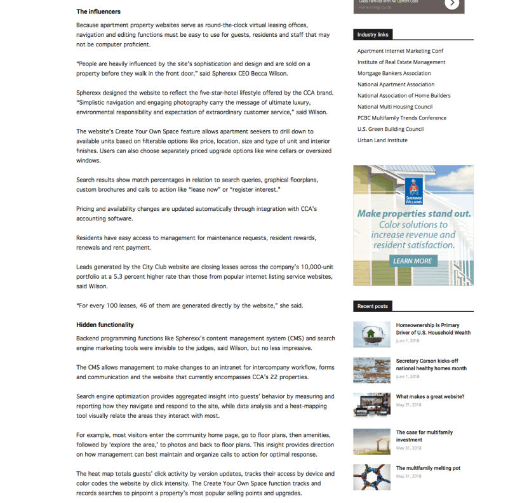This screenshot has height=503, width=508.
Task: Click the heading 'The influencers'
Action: tap(98, 11)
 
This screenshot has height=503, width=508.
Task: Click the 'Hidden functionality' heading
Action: tap(105, 325)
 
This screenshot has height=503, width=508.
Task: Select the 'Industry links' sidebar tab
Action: tap(373, 34)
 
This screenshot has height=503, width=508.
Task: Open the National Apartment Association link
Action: tap(396, 84)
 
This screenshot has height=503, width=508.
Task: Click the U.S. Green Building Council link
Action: tap(391, 129)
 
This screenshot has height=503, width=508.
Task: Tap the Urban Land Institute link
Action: tap(382, 140)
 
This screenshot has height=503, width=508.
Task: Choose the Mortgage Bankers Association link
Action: tap(394, 73)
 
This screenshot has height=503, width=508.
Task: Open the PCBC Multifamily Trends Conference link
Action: tap(401, 118)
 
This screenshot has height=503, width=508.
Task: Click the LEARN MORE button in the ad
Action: tap(412, 261)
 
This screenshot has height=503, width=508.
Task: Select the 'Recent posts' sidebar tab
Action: tap(373, 306)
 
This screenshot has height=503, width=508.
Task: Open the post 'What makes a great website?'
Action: tap(430, 397)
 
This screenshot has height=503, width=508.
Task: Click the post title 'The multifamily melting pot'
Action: tap(428, 468)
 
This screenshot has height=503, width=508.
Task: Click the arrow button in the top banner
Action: tap(451, 4)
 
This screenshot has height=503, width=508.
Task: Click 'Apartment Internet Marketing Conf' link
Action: tap(400, 51)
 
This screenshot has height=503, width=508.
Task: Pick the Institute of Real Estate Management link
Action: tap(401, 62)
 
